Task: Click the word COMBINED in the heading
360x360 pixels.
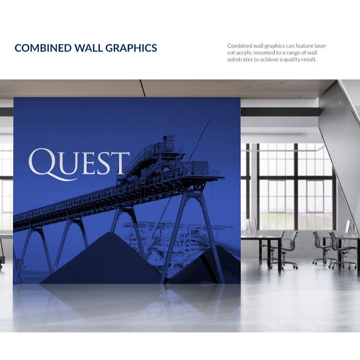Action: click(43, 48)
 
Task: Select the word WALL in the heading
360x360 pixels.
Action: click(89, 48)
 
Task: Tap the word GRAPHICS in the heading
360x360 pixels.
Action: click(131, 48)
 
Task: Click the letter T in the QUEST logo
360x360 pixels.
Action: click(121, 163)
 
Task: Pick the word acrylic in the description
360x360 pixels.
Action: click(244, 53)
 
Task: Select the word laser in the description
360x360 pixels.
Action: click(320, 46)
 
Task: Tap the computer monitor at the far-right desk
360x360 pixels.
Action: click(348, 227)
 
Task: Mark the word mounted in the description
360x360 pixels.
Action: click(264, 53)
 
